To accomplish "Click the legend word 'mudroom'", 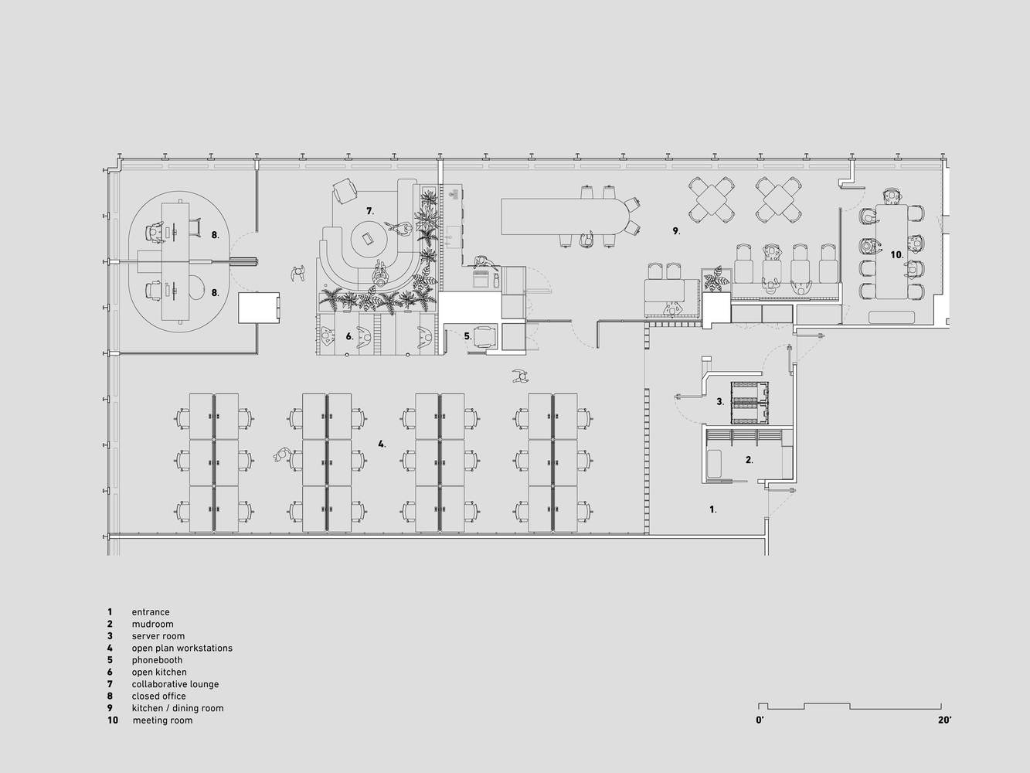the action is tap(152, 625).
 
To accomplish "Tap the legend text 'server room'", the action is tap(158, 636).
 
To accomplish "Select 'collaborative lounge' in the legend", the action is tap(175, 684).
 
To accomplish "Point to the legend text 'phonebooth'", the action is tap(157, 660).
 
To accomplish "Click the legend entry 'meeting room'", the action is tap(162, 720).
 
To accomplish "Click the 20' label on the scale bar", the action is tap(944, 720).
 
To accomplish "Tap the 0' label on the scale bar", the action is tap(760, 720).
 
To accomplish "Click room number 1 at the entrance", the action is tap(712, 509).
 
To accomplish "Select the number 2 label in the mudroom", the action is tap(750, 461).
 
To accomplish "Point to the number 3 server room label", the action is tap(720, 402).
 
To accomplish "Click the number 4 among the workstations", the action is tap(382, 444).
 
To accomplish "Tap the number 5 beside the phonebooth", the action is tap(467, 336).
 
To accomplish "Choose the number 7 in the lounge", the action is tap(370, 211).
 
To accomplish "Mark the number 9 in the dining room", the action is tap(676, 231).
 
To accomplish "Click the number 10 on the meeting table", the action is tap(897, 255).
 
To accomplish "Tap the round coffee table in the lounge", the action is tap(369, 239).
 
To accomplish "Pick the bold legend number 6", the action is tap(110, 672).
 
